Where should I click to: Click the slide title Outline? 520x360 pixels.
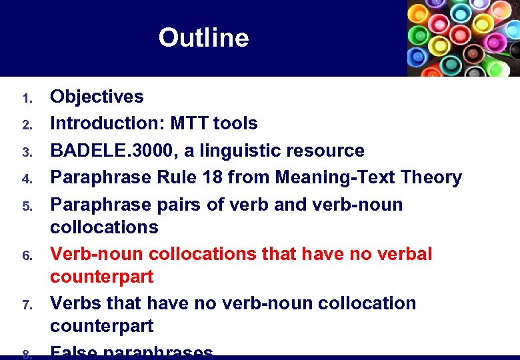[x=203, y=38]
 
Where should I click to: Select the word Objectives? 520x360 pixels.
[x=97, y=97]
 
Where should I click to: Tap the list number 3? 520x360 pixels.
[x=27, y=153]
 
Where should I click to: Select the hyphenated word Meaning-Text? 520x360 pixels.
[x=329, y=177]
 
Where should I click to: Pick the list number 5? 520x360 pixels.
[x=27, y=206]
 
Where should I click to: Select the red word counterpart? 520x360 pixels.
[x=102, y=277]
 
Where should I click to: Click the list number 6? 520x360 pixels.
[x=27, y=256]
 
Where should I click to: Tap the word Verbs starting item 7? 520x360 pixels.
[x=76, y=303]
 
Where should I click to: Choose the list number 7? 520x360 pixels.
[x=27, y=305]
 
